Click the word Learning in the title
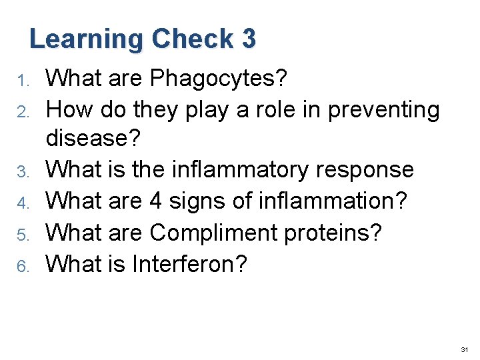coord(86,39)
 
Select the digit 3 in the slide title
coord(249,39)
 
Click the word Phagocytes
coord(219,79)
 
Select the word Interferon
coord(189,263)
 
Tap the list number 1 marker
coord(21,81)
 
